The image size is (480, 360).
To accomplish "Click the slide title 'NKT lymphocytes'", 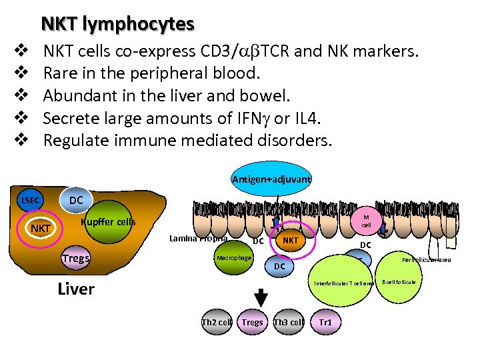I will coord(117,24).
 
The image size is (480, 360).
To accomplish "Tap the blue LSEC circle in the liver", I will coord(31,201).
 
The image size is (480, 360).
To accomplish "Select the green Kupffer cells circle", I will coord(107,222).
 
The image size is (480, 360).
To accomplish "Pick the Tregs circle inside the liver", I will coord(75,259).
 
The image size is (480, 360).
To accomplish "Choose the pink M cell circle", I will coord(366,221).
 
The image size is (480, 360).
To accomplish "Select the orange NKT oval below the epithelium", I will coord(290,239).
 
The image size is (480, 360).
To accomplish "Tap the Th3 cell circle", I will coord(289,323).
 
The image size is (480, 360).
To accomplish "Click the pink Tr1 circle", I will coord(325,323).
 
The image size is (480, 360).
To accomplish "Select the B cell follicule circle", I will coord(398,282).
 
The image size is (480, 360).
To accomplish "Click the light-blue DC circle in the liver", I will coord(76,200).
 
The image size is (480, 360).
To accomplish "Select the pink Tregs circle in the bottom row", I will coord(252,323).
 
